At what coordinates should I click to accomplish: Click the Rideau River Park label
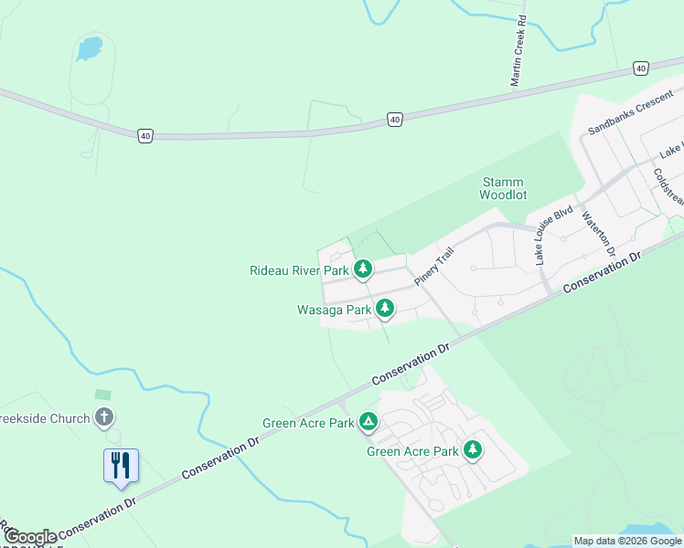tap(299, 270)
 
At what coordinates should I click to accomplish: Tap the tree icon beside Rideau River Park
tap(364, 269)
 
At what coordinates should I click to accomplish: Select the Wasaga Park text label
tap(334, 310)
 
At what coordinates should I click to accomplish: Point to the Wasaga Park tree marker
tap(385, 309)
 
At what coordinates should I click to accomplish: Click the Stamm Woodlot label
tap(502, 188)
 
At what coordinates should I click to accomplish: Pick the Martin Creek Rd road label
tap(518, 51)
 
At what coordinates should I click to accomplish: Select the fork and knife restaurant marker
tap(121, 466)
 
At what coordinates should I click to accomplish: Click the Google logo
tap(29, 537)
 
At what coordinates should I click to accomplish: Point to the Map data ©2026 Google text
tap(627, 541)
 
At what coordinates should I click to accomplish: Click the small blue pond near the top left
tap(89, 47)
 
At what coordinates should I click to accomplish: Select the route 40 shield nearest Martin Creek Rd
tap(640, 68)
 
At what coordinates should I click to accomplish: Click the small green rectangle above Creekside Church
tap(103, 395)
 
